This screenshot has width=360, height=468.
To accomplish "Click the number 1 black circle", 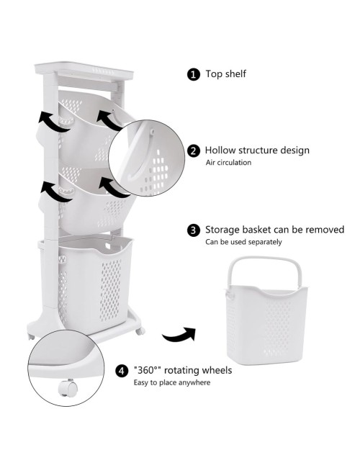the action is [194, 74].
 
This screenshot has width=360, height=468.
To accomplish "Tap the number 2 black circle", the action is [194, 150].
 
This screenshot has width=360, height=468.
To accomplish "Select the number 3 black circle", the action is [194, 230].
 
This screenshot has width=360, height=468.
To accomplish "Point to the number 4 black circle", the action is [122, 371].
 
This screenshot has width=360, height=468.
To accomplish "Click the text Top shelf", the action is [225, 73].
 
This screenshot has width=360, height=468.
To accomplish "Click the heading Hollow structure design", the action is [257, 150].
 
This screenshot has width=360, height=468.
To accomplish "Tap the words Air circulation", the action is [228, 163].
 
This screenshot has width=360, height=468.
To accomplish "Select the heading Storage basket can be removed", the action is [274, 230].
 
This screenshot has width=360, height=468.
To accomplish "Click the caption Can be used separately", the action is [243, 242].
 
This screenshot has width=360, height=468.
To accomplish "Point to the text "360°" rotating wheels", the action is [183, 370].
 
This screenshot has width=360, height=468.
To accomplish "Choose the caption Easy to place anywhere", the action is [171, 382].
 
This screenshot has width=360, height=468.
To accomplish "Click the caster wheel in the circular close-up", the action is [68, 388].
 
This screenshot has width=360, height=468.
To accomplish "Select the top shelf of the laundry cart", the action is [84, 71].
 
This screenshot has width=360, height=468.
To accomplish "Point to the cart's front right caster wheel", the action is [140, 330].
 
